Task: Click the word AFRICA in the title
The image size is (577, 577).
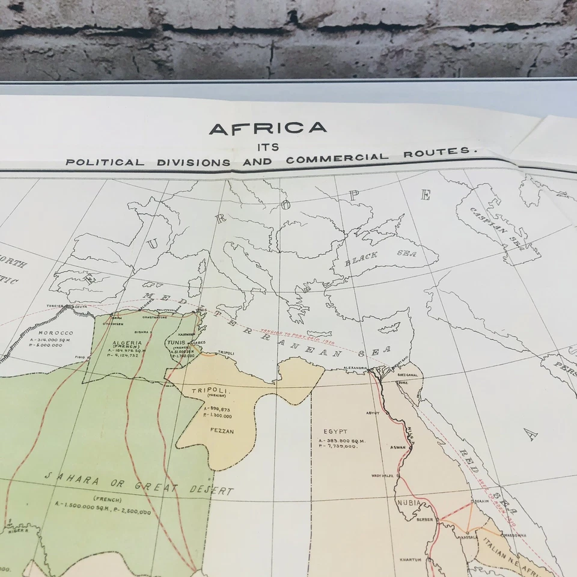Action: [267, 129]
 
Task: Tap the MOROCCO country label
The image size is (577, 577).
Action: [55, 333]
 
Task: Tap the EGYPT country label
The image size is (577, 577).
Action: [334, 432]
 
